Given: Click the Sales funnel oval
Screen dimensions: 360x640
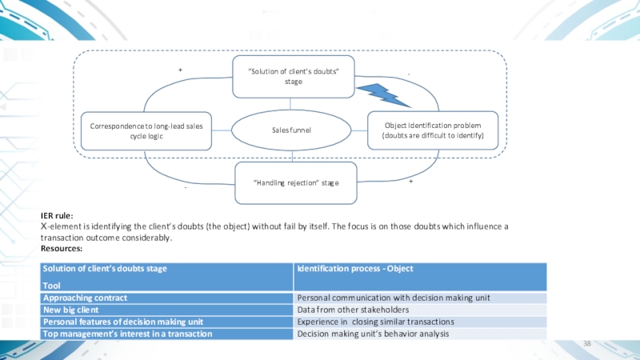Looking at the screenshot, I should [290, 130].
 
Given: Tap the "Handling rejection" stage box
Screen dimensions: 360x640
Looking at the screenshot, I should [295, 183].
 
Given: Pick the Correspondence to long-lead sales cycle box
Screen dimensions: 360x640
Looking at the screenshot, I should [146, 130].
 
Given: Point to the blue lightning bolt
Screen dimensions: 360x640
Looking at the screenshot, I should [383, 93].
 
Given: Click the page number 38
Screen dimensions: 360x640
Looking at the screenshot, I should [586, 343].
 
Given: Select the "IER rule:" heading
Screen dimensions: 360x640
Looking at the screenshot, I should [57, 216].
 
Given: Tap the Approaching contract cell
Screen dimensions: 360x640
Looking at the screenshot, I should [86, 298].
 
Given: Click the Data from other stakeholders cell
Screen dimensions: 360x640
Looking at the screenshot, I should [353, 310].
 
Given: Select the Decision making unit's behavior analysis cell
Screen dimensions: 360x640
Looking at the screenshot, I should [374, 334].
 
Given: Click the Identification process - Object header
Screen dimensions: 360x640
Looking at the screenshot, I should [354, 268].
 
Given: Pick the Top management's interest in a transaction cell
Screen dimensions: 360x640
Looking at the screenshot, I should [127, 334].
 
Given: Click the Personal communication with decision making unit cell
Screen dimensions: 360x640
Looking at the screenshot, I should [393, 298].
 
